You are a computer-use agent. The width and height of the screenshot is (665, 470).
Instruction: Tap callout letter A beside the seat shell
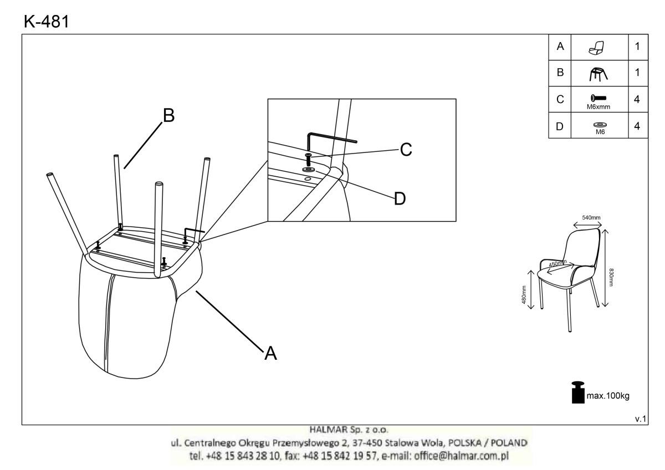(270, 352)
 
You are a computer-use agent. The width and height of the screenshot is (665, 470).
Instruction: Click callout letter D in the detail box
(398, 198)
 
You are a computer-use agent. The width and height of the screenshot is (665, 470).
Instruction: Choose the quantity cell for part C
(637, 99)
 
